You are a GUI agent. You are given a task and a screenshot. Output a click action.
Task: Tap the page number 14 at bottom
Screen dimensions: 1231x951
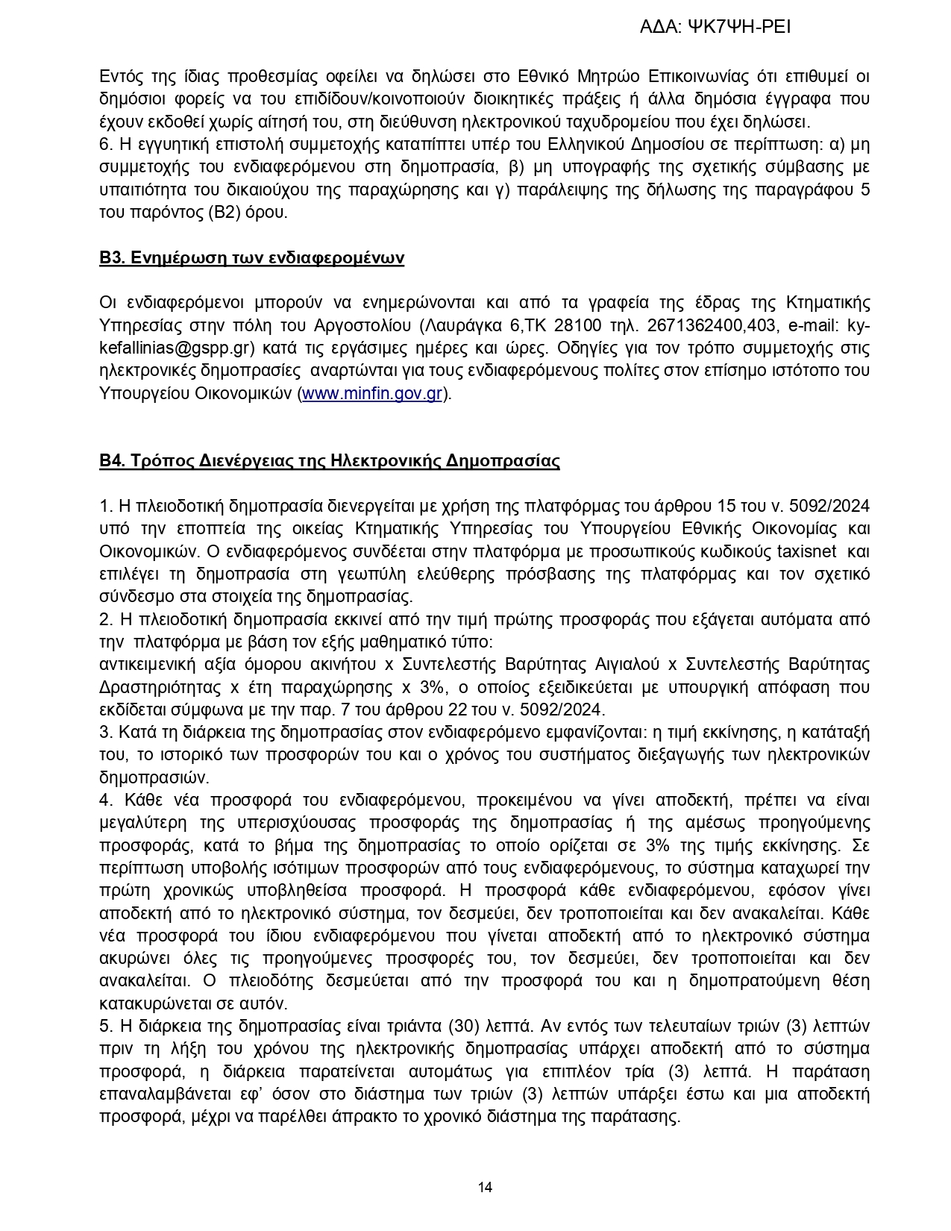485,1187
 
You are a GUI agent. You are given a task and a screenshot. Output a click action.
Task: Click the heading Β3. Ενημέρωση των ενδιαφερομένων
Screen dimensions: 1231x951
251,258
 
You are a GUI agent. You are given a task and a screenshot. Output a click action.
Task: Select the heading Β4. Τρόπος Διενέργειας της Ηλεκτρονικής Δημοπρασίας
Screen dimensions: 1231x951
329,461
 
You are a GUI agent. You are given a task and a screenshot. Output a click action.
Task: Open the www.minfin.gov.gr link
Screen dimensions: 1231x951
372,394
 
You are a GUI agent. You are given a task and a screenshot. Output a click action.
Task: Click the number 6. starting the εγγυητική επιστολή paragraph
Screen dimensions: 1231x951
105,145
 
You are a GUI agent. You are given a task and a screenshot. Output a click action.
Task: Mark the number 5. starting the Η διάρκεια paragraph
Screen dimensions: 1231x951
105,1027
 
